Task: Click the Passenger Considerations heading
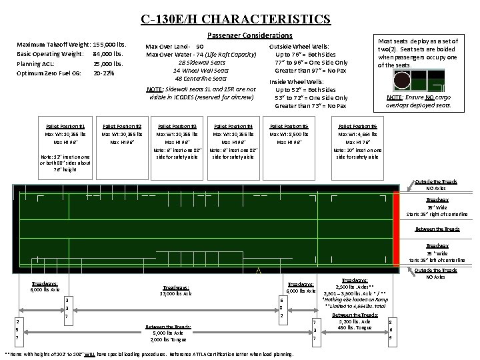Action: pyautogui.click(x=249, y=35)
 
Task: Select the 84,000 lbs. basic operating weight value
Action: pyautogui.click(x=108, y=53)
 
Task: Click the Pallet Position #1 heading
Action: pyautogui.click(x=65, y=125)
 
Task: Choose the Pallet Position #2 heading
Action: pyautogui.click(x=121, y=125)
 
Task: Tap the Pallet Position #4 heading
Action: pyautogui.click(x=233, y=125)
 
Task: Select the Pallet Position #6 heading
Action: pyautogui.click(x=358, y=125)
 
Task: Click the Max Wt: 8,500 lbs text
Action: pyautogui.click(x=289, y=134)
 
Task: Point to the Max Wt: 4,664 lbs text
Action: pyautogui.click(x=358, y=134)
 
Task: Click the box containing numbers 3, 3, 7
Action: pyautogui.click(x=67, y=309)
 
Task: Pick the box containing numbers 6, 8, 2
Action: pyautogui.click(x=281, y=307)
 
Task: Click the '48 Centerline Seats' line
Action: pyautogui.click(x=201, y=79)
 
